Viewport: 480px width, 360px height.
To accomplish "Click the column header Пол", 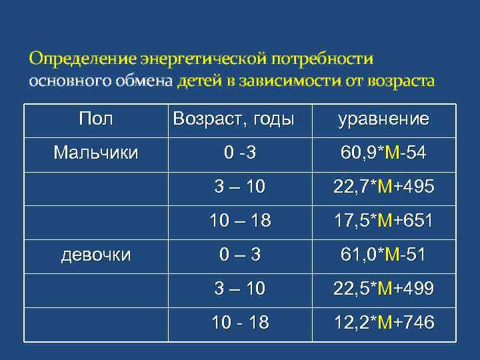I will [95, 120].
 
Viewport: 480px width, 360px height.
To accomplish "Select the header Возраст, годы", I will [233, 120].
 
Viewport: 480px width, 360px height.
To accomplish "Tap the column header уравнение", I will [383, 120].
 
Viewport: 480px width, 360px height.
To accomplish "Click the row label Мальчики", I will [95, 153].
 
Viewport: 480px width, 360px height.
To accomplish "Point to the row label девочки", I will [95, 255].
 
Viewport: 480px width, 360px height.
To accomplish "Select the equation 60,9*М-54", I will [383, 154].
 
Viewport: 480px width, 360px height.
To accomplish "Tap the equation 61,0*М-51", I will [383, 255].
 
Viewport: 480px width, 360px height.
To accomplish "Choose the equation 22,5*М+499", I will [383, 289].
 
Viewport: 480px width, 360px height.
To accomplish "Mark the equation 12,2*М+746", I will [383, 323].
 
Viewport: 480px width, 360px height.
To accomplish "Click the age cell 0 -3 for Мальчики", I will [240, 154].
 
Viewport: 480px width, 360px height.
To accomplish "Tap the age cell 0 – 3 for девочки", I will [240, 255].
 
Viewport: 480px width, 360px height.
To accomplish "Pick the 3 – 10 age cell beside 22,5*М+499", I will [240, 289].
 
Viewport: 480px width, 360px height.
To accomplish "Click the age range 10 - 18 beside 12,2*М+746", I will [240, 323].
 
